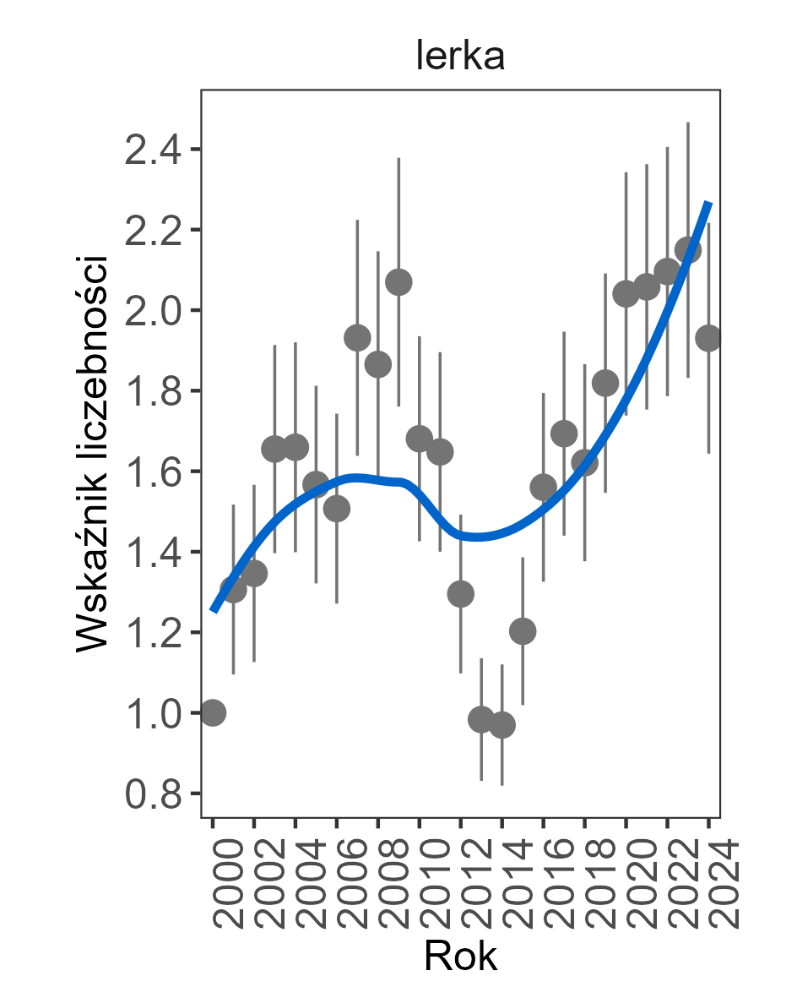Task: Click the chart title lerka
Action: point(460,57)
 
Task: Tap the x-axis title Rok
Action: point(460,957)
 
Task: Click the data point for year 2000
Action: point(213,712)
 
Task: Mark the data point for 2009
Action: point(398,282)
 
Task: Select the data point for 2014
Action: point(502,725)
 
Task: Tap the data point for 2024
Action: point(708,338)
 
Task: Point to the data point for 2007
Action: point(357,338)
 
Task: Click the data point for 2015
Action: point(523,631)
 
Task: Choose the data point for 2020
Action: point(626,294)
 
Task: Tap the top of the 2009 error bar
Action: point(398,158)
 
